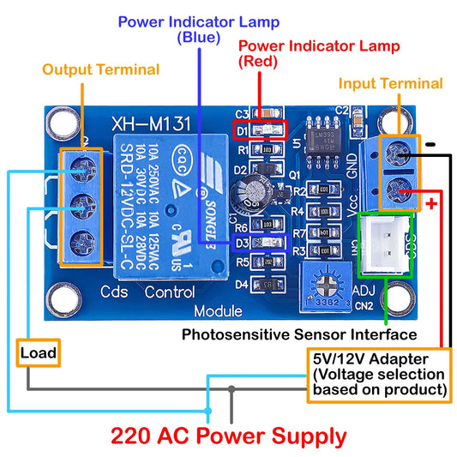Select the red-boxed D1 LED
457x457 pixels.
tap(266, 131)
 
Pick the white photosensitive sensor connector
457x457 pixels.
tap(386, 245)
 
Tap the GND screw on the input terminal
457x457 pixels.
tap(397, 154)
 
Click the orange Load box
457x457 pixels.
tap(39, 353)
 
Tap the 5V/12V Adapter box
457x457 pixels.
tap(379, 374)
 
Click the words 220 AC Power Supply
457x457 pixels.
tap(229, 436)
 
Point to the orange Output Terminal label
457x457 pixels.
tap(101, 69)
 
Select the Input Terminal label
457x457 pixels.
tap(390, 83)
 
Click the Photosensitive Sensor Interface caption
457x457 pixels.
tap(299, 334)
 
